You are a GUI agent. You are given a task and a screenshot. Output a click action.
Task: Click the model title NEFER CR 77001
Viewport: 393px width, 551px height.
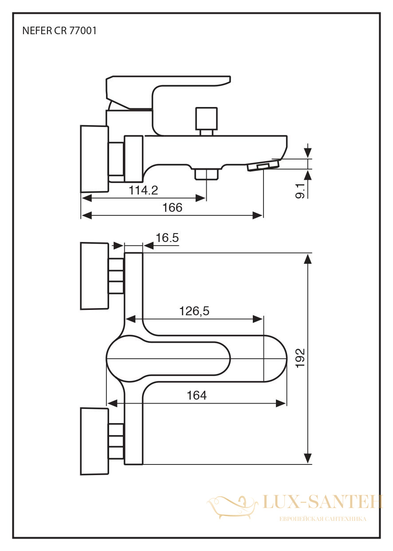(59, 31)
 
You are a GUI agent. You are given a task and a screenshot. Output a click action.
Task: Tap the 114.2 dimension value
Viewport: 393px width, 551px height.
(143, 190)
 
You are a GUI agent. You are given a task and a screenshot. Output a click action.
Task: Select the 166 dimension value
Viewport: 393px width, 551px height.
(172, 208)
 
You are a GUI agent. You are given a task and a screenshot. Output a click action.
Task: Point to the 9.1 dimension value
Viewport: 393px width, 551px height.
(300, 190)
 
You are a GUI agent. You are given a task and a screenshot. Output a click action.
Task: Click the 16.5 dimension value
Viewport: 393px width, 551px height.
(167, 238)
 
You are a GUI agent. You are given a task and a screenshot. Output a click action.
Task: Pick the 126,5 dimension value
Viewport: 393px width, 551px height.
(194, 311)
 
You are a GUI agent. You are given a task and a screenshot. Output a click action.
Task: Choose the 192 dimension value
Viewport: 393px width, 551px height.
(300, 358)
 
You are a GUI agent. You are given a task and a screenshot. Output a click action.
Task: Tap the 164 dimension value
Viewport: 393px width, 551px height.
(196, 396)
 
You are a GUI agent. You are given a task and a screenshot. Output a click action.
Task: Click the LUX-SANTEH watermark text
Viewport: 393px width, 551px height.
(322, 502)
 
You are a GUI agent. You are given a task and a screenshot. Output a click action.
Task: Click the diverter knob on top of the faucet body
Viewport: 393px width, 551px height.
(206, 121)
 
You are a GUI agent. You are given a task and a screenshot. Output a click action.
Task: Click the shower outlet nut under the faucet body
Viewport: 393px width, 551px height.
(206, 174)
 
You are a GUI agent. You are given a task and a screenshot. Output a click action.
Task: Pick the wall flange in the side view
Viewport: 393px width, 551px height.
(94, 159)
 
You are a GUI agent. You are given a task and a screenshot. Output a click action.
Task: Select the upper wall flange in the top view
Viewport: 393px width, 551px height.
(94, 276)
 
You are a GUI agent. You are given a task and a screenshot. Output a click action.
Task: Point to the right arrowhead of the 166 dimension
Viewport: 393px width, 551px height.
(258, 215)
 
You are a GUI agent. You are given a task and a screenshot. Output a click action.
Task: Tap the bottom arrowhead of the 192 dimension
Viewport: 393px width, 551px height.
(308, 459)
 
